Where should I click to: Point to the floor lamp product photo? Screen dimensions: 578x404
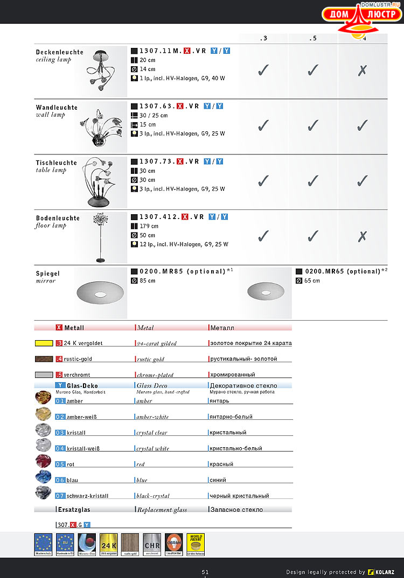100,237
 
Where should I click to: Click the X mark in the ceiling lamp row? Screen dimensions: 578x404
363,71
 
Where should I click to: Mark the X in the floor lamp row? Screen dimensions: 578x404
363,236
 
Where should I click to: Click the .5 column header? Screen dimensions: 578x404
312,38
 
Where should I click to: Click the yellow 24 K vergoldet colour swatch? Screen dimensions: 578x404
43,343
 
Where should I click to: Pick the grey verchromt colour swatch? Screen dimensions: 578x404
43,375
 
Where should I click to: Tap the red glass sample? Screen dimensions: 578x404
43,461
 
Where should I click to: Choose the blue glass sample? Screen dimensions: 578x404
43,477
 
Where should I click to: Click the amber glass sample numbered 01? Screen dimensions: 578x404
43,398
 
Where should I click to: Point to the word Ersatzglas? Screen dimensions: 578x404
75,510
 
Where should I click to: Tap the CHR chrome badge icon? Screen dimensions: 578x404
152,544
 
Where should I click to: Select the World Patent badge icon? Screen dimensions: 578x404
196,544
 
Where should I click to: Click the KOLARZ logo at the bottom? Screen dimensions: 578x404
384,572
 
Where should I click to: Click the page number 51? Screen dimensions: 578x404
205,572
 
